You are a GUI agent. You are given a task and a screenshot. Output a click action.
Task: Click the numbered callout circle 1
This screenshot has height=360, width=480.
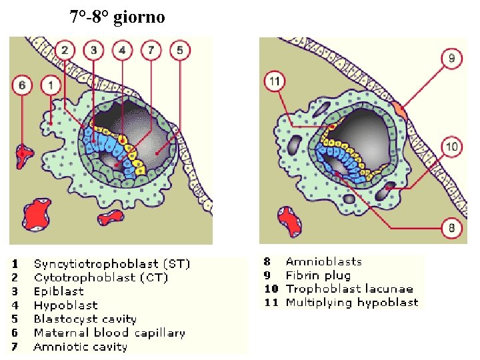pyautogui.click(x=51, y=85)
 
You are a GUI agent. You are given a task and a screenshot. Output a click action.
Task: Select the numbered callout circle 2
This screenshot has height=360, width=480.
pyautogui.click(x=65, y=50)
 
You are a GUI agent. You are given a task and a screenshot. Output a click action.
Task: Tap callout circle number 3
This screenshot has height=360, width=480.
pyautogui.click(x=93, y=50)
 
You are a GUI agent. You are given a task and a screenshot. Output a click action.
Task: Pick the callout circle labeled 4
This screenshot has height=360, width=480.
pyautogui.click(x=122, y=50)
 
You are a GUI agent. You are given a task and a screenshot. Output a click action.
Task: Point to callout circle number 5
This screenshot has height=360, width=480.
pyautogui.click(x=179, y=50)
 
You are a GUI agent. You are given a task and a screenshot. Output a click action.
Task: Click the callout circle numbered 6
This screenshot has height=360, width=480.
pyautogui.click(x=22, y=85)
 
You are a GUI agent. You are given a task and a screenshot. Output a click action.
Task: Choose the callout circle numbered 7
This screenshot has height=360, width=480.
pyautogui.click(x=151, y=50)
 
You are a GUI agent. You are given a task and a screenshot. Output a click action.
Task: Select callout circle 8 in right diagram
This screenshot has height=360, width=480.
pyautogui.click(x=451, y=228)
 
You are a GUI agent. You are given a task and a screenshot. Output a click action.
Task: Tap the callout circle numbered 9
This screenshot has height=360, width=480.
pyautogui.click(x=451, y=59)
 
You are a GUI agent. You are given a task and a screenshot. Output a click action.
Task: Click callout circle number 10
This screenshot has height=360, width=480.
pyautogui.click(x=451, y=147)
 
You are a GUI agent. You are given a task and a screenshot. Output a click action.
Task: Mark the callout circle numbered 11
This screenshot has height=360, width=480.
pyautogui.click(x=275, y=81)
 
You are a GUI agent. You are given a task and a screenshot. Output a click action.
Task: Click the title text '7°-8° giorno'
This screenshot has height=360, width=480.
pyautogui.click(x=117, y=17)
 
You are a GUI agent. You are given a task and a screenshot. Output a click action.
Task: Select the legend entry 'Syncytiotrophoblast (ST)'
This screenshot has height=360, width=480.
pyautogui.click(x=112, y=264)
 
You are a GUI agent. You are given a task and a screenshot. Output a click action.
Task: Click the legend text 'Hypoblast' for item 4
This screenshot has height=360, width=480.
pyautogui.click(x=65, y=305)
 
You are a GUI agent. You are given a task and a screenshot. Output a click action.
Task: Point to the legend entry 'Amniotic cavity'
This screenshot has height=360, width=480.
pyautogui.click(x=80, y=347)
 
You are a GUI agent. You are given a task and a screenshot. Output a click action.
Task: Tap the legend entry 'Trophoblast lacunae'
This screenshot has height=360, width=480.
pyautogui.click(x=349, y=289)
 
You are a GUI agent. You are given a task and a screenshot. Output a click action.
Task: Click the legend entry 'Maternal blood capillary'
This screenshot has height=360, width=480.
pyautogui.click(x=109, y=333)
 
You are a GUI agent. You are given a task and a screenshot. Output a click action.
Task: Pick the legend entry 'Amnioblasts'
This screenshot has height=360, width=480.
pyautogui.click(x=323, y=261)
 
